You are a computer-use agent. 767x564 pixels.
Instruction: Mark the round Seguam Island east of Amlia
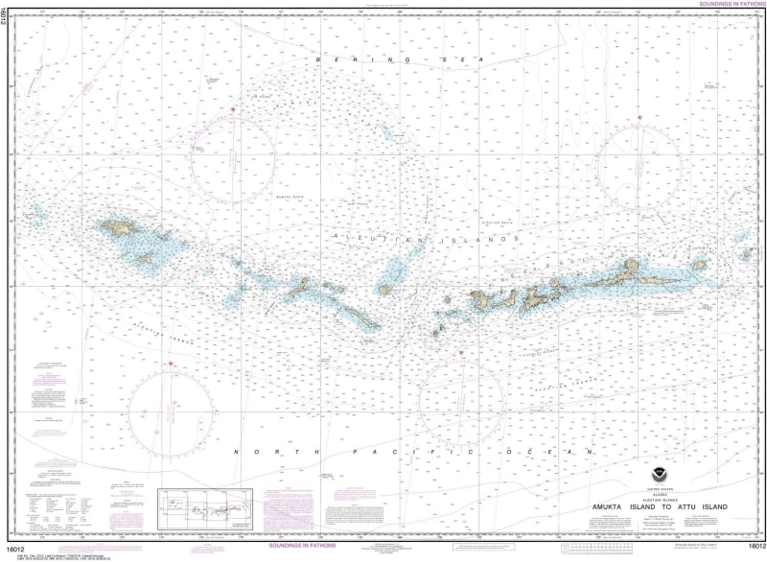(699, 266)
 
